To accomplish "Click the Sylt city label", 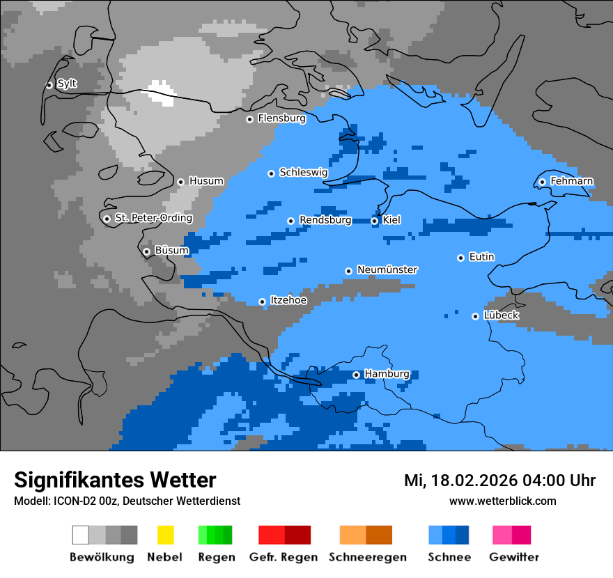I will pos(67,84).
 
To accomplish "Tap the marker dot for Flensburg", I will pos(249,119).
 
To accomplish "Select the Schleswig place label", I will pos(303,173).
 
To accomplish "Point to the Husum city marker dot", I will pos(180,182).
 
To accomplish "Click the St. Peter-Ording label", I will pos(153,218).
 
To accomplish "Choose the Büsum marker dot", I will pos(146,251).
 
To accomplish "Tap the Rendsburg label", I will pos(325,220).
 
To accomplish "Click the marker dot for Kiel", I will pos(374,221).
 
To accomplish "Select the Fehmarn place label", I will pos(571,181).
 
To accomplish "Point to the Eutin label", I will pos(481,257).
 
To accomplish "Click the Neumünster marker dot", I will pos(348,271).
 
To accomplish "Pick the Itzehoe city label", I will pos(288,300).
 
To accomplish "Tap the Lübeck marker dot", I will pos(475,316).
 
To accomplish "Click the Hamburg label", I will pos(387,374).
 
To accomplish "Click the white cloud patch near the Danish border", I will pos(162,93).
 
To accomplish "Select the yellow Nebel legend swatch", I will pos(165,535).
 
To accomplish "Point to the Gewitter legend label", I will pos(513,557).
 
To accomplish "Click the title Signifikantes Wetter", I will pos(115,480).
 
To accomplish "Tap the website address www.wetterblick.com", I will pos(502,501).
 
